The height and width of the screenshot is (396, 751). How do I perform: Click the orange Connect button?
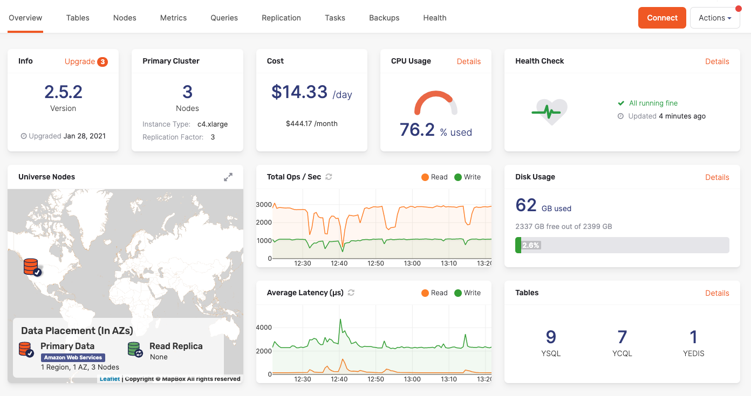tap(662, 18)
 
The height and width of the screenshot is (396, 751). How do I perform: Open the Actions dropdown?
tap(714, 18)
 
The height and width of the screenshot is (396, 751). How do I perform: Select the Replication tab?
tap(281, 18)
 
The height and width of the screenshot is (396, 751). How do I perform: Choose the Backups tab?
tap(384, 18)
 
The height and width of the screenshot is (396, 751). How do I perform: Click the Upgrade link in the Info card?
tap(80, 61)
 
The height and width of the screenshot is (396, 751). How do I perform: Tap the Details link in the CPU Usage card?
tap(468, 61)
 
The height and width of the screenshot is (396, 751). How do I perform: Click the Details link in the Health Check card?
tap(717, 61)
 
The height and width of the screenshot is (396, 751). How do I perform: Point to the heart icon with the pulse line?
tap(549, 112)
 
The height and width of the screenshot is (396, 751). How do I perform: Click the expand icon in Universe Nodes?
tap(228, 177)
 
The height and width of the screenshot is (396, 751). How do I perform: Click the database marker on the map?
tap(31, 266)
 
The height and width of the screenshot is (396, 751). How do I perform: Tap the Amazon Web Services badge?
tap(73, 357)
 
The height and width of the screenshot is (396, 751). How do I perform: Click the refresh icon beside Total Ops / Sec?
tap(329, 177)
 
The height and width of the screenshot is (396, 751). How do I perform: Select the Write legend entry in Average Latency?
tap(467, 293)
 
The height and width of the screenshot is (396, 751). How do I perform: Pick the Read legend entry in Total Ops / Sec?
tap(434, 177)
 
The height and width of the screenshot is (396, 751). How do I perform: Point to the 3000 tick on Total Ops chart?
tap(264, 205)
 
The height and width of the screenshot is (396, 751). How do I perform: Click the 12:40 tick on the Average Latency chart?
tap(339, 379)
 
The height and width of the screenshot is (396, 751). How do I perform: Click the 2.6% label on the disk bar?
tap(531, 245)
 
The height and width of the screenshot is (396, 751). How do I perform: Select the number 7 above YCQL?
tap(622, 337)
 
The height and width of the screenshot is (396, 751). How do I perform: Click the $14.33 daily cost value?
tap(299, 92)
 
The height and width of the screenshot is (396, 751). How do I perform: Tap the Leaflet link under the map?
tap(110, 379)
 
